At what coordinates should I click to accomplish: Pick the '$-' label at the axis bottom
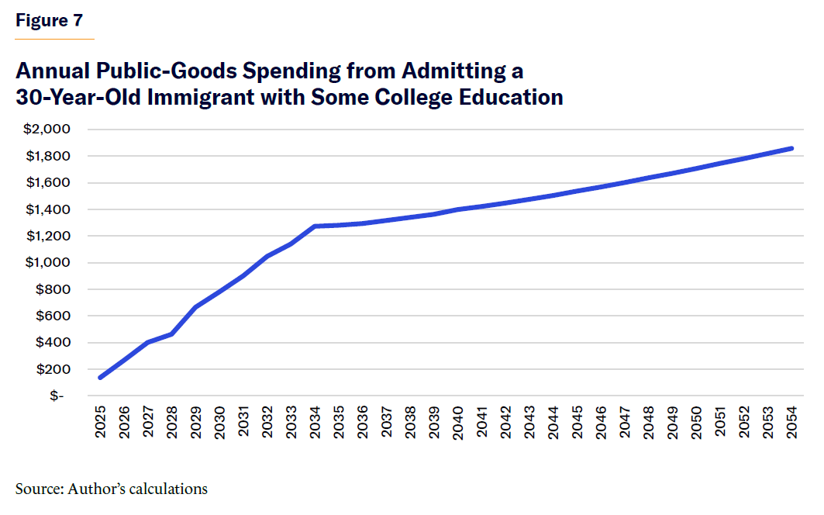point(57,396)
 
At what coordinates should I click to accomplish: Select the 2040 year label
point(459,422)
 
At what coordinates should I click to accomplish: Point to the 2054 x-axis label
point(792,422)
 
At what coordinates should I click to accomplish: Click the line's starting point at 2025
point(101,378)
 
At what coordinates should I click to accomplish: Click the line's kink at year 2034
point(315,226)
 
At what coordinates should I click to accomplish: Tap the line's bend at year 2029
point(196,307)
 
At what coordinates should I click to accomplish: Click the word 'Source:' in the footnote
point(39,489)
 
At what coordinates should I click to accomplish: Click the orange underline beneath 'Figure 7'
point(54,38)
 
